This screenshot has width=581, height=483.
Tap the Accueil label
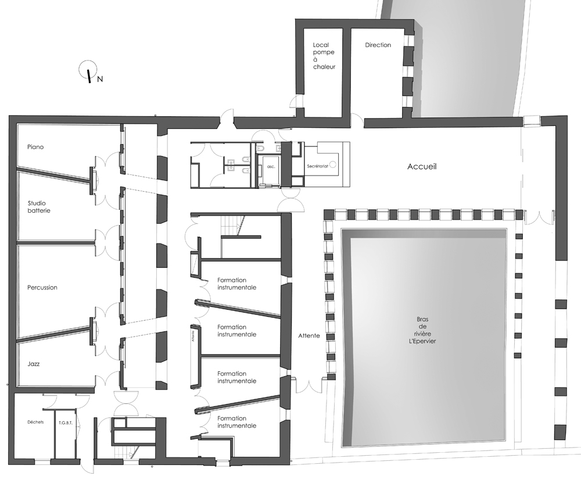point(422,167)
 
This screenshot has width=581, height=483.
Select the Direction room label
point(378,45)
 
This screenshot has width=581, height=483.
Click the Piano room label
point(35,147)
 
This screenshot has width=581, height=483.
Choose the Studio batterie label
point(39,206)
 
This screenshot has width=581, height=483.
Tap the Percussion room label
point(42,287)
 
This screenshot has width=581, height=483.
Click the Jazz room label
point(34,364)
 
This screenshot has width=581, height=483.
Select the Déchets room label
point(35,422)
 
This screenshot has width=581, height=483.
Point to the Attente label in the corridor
point(309,336)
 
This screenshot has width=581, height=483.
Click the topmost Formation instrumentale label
point(236,284)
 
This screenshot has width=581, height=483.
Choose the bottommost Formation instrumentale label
point(236,422)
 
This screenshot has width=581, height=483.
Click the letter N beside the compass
point(100,79)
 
